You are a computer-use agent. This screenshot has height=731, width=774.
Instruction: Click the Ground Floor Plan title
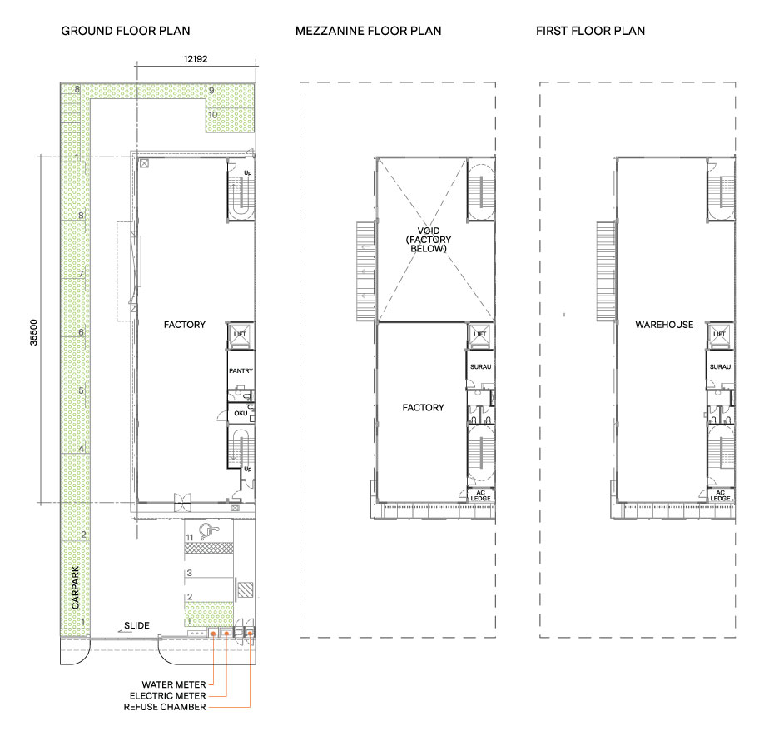pos(126,31)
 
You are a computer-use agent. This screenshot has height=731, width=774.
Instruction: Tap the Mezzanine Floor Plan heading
pos(368,31)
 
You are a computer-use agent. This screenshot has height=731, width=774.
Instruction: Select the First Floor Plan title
pos(590,31)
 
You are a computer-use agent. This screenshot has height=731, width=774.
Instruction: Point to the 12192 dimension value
pos(196,59)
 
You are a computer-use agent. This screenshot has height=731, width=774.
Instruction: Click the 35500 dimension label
pos(33,332)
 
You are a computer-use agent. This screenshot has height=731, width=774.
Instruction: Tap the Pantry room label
pos(241,371)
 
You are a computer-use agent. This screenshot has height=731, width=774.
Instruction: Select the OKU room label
pos(241,414)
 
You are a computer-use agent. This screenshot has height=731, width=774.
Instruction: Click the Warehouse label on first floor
pos(664,325)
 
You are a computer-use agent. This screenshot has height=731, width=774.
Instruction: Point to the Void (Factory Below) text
pos(429,240)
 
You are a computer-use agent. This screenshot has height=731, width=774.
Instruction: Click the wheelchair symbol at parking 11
pos(210,532)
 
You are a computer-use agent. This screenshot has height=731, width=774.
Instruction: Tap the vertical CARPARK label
pos(75,587)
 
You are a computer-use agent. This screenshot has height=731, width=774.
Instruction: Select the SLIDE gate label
pos(136,626)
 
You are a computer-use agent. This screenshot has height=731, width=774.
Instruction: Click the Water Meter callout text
pos(174,684)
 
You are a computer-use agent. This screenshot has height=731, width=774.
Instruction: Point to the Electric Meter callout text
pos(168,696)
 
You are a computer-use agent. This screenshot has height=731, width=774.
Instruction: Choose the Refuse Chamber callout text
pos(165,707)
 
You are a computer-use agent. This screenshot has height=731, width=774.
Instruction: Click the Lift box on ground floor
pos(240,335)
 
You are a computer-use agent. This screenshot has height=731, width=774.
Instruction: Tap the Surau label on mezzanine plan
pos(480,367)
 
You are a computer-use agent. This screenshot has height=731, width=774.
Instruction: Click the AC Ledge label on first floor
pos(720,495)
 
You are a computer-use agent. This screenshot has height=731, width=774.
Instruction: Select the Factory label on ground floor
pos(185,325)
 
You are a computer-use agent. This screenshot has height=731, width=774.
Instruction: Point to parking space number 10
pos(213,115)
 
